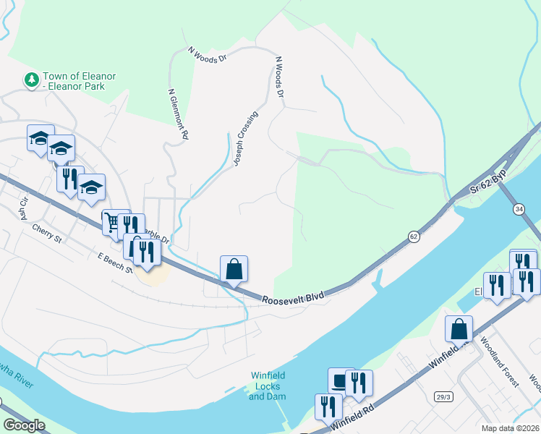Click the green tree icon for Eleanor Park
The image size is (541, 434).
coord(31,80)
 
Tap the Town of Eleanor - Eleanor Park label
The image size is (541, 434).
coord(80,81)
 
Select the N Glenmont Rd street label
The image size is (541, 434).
coord(179,114)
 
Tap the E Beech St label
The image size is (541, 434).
coord(116,262)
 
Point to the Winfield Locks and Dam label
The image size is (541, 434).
coord(268,386)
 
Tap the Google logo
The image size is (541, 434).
coord(24,425)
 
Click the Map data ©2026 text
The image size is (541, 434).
coord(510,428)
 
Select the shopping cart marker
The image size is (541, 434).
coord(114,222)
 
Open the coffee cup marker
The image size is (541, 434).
coord(341,380)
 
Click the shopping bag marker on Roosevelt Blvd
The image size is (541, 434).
coord(234,269)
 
